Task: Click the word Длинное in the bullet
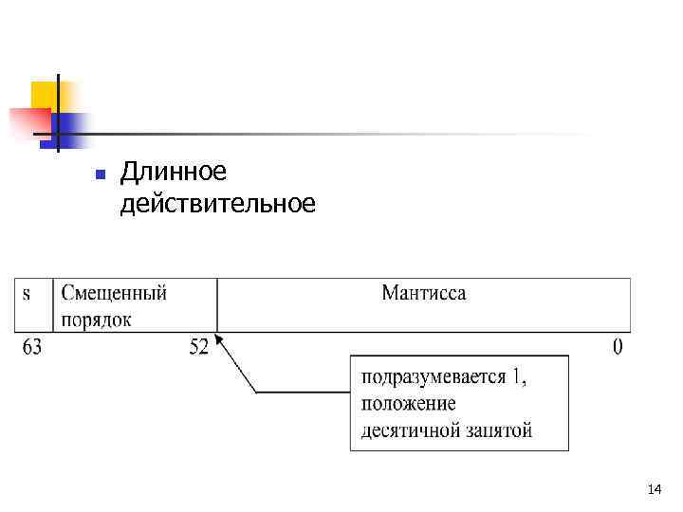coord(174,173)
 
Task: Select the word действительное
coord(217,203)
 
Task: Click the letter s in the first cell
coord(26,293)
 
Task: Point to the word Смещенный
coord(114,293)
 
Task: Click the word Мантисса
coord(424,293)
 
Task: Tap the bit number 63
coord(32,348)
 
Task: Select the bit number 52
coord(199,348)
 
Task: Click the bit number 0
coord(618,348)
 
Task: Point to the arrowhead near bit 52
coord(220,339)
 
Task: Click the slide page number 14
coord(653,489)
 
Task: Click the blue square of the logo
coord(72,127)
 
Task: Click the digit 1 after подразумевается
coord(517,378)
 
